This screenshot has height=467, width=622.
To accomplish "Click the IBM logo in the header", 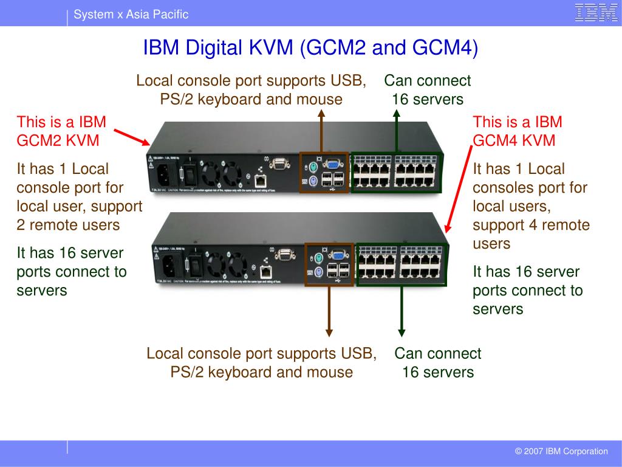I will tap(596, 13).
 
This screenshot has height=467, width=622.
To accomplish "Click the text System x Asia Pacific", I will tap(131, 15).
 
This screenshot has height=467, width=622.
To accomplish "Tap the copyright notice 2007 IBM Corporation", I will tap(561, 451).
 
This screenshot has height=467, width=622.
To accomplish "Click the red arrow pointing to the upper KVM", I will tap(131, 137).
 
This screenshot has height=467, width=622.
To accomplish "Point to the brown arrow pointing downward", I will tap(329, 310).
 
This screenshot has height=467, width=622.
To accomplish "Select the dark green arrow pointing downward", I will tap(401, 310).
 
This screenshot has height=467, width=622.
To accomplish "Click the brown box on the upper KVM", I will tap(324, 173).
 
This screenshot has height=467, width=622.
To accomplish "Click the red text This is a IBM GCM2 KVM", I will tap(61, 131).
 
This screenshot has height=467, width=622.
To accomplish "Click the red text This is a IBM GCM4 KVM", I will tap(518, 131).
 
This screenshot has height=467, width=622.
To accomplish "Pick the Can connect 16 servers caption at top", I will tap(428, 90).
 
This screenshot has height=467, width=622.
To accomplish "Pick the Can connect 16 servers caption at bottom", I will tap(437, 362).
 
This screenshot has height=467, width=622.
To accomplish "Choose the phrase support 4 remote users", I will tap(531, 234).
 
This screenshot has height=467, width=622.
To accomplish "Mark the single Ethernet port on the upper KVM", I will tap(261, 180).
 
